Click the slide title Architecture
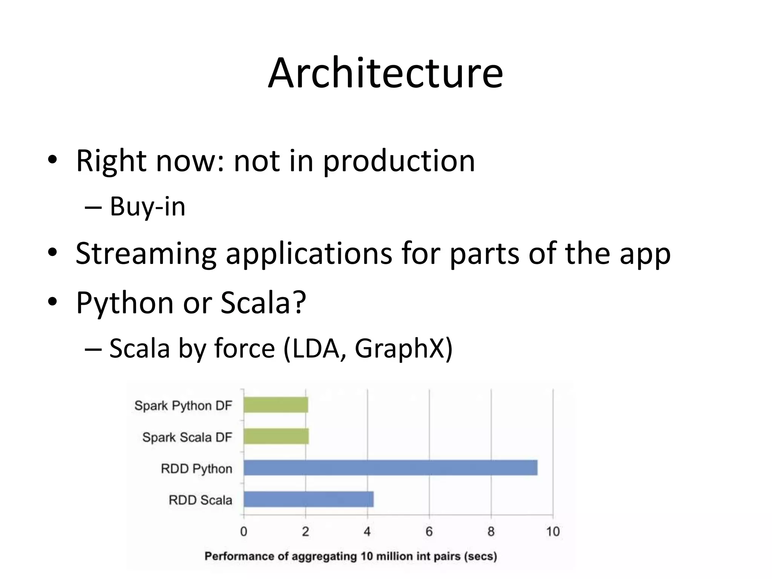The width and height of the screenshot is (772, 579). [385, 73]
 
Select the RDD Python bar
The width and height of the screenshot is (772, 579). [390, 468]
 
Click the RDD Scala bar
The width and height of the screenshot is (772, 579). [308, 499]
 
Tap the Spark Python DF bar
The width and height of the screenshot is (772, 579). [276, 405]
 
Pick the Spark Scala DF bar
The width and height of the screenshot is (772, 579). [276, 437]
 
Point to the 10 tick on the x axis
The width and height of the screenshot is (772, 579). [553, 532]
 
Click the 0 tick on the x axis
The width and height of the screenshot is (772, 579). [244, 532]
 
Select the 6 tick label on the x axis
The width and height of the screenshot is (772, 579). [429, 532]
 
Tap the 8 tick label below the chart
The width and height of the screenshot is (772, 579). [491, 532]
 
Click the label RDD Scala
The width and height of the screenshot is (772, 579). [200, 500]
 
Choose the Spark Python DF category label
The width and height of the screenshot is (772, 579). [183, 406]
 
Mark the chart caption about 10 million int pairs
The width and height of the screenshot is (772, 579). [351, 556]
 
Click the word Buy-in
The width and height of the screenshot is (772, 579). [147, 207]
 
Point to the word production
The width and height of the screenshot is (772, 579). [399, 161]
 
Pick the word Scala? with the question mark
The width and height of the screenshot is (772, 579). [263, 302]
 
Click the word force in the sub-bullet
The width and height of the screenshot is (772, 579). [245, 348]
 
